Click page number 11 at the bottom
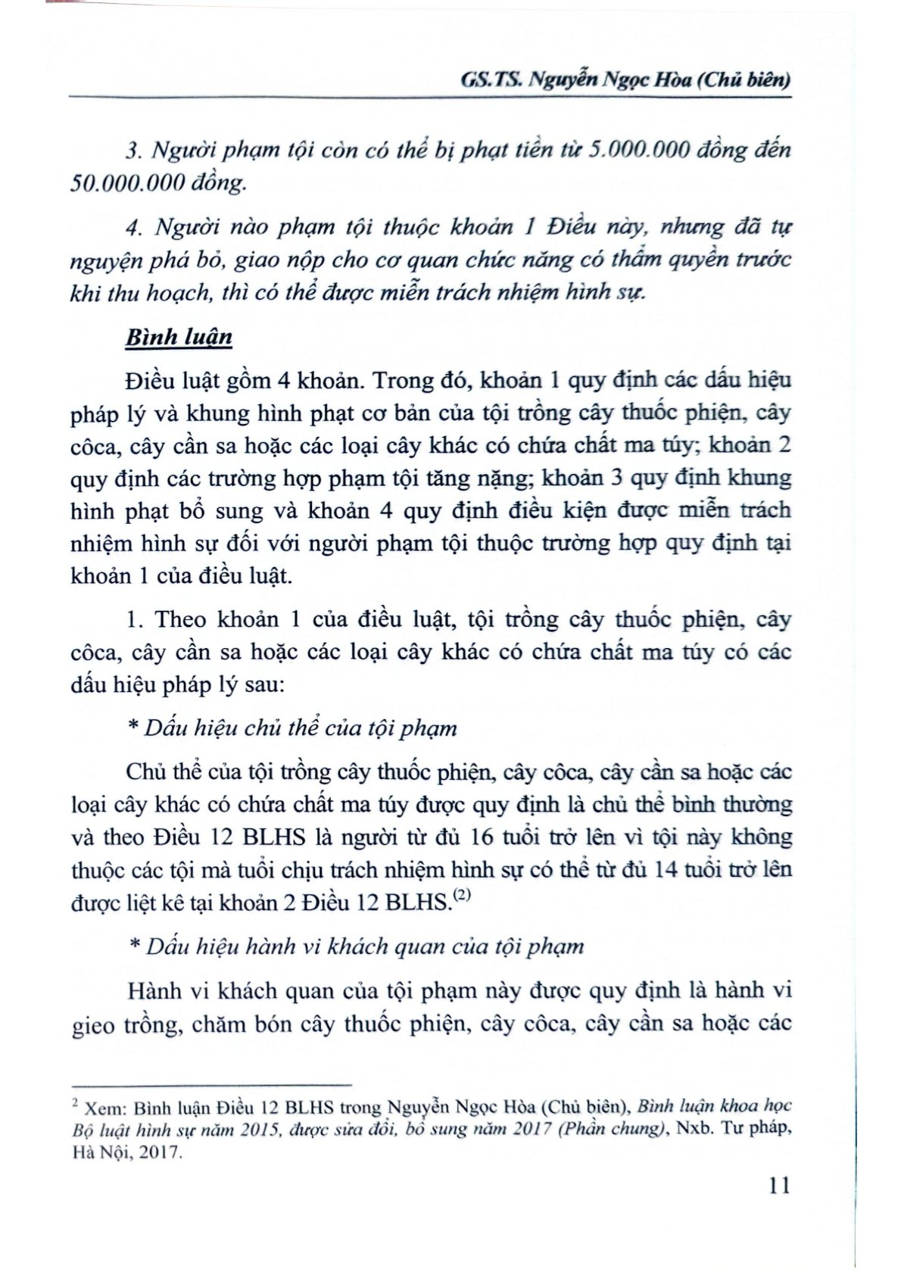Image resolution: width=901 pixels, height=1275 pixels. (779, 1185)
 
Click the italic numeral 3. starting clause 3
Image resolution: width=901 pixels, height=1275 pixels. (134, 151)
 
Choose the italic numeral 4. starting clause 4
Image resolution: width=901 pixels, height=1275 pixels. (134, 227)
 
